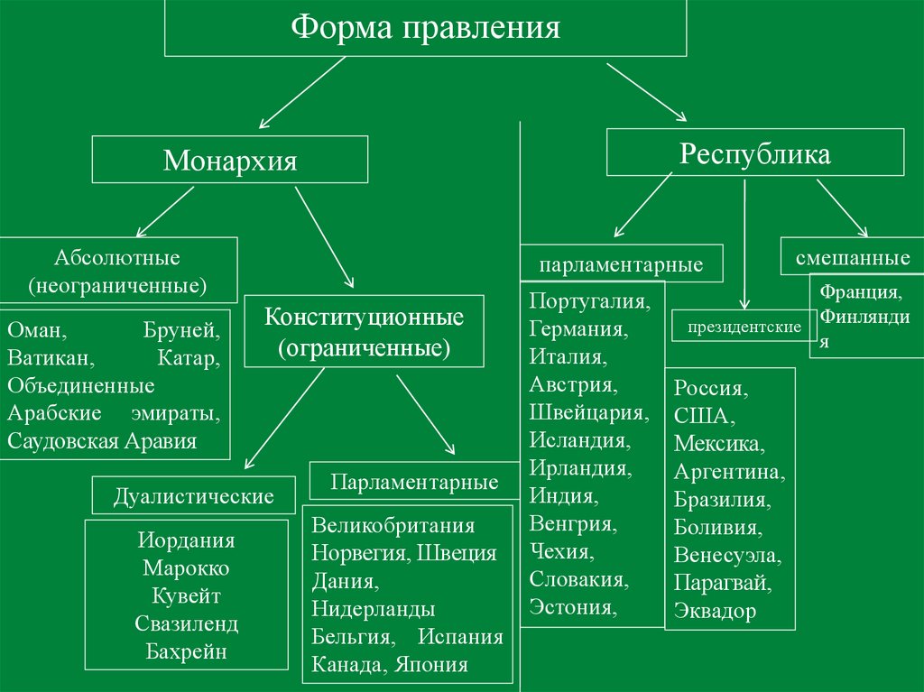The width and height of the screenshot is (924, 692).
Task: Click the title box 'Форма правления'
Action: tap(425, 27)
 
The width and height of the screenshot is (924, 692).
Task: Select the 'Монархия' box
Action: tap(230, 161)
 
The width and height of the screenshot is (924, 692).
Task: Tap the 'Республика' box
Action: tap(754, 152)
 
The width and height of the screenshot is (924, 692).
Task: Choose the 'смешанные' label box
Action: tap(852, 258)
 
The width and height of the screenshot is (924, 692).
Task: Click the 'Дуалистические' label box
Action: tap(193, 495)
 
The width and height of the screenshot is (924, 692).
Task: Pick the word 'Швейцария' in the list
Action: tap(588, 412)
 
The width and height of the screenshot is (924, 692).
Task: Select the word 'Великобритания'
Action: tap(393, 525)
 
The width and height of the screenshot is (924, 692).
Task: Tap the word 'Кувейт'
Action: tap(187, 596)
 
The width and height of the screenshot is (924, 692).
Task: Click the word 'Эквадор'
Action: tap(714, 611)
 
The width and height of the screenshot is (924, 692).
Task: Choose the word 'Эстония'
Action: tap(572, 606)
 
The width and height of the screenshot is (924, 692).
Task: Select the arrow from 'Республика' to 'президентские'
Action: tap(744, 244)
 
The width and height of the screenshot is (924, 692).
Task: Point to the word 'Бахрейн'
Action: tap(187, 651)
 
